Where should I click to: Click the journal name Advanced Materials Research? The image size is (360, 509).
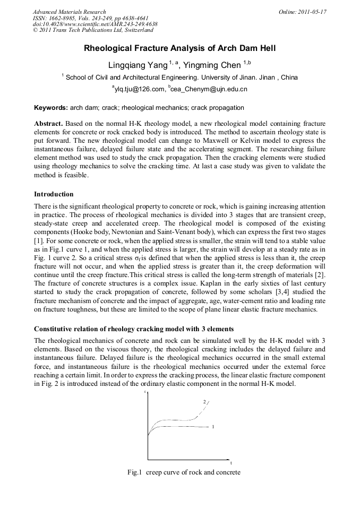click(x=69, y=12)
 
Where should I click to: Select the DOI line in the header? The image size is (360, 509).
click(x=95, y=24)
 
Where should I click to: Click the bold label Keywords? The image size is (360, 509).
click(x=50, y=108)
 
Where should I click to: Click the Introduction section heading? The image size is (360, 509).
click(x=54, y=194)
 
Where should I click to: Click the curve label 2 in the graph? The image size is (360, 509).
click(x=204, y=402)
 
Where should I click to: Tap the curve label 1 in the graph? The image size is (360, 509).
click(x=213, y=426)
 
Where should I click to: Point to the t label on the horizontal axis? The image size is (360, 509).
click(x=230, y=462)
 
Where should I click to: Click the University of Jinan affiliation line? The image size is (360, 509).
click(x=181, y=77)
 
